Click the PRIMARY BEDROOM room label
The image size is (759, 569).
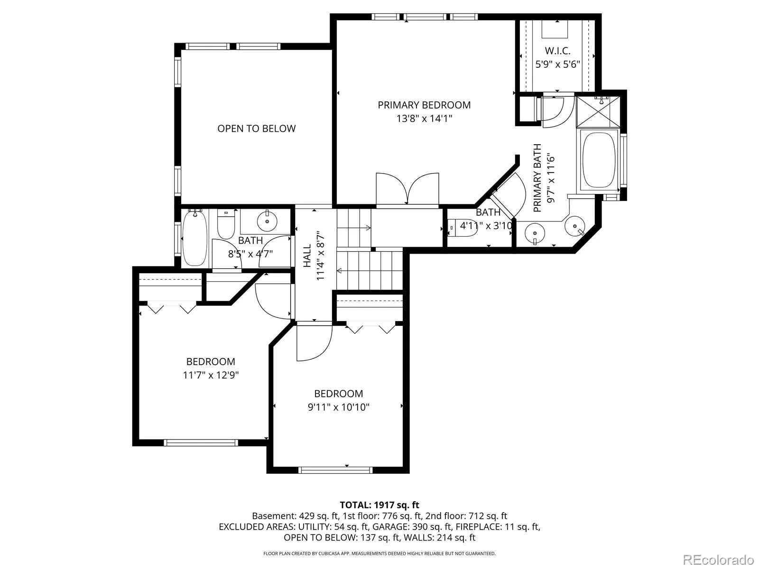coord(424,105)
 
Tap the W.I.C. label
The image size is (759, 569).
coord(557,51)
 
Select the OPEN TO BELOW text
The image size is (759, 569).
coord(256,128)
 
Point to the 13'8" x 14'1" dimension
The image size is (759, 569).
coord(424,119)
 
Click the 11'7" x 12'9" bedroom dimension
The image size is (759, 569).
coord(211,375)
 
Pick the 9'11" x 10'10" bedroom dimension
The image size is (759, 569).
coord(339,407)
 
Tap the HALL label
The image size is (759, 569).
coord(307,256)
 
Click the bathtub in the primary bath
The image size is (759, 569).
coord(599,160)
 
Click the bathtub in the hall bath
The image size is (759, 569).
coord(194,238)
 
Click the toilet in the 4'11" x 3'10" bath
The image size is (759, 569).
coord(462,228)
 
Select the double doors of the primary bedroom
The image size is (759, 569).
coord(407,189)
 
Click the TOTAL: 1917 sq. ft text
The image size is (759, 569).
coord(379,505)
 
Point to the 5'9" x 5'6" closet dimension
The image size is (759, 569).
coord(557,64)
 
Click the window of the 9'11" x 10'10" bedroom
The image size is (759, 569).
coord(335,470)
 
